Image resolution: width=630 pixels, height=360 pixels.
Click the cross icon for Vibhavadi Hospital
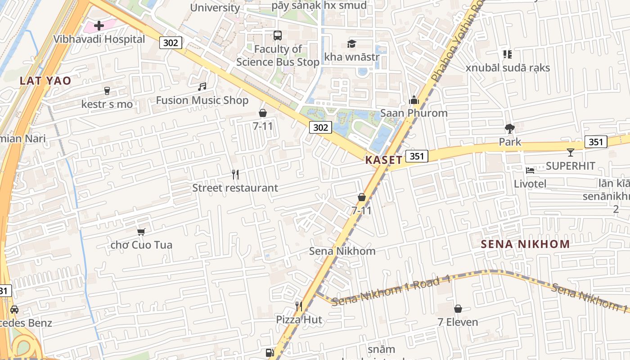(99, 26)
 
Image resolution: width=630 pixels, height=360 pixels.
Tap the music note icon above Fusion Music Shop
(202, 86)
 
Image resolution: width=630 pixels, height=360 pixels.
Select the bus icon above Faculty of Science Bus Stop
(278, 35)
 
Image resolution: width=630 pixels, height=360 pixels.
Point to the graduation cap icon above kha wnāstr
(351, 44)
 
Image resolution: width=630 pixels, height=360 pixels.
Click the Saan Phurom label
(414, 113)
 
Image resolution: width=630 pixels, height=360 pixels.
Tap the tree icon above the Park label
(510, 129)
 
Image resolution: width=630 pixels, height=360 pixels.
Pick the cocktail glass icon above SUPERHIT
(571, 153)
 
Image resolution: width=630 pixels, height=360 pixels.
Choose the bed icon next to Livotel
(530, 171)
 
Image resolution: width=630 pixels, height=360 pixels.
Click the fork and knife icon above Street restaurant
(235, 174)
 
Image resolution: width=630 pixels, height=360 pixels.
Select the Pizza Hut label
(299, 319)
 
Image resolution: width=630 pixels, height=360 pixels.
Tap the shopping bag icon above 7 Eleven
(458, 309)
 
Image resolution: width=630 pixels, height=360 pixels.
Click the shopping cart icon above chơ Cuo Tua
(141, 232)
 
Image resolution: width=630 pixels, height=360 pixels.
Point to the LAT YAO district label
(45, 81)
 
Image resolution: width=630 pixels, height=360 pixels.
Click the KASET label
(383, 160)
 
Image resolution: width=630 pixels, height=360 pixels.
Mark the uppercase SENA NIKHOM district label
(525, 244)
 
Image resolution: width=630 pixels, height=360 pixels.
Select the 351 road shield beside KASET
(417, 156)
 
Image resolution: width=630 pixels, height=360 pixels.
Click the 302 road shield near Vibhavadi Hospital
(170, 43)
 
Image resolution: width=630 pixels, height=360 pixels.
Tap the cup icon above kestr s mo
(107, 91)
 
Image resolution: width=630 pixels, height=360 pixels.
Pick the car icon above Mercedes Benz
(14, 310)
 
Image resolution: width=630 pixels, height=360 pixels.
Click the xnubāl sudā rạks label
(508, 68)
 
